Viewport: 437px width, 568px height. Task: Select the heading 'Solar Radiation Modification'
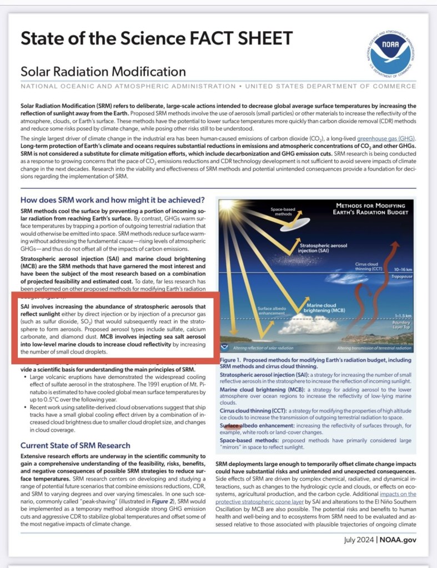(x=103, y=72)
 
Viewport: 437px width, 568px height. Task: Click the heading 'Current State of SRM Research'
(x=76, y=445)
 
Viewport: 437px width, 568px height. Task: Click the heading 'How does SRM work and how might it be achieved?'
(x=113, y=200)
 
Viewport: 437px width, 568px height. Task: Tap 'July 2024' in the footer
(x=359, y=539)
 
